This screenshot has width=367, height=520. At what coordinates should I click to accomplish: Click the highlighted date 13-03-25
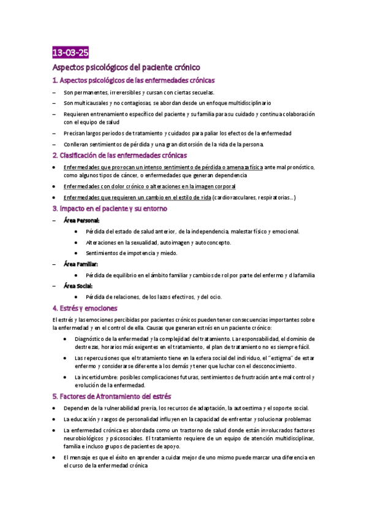(70, 52)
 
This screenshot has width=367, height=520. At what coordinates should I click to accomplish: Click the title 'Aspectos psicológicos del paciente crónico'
(126, 67)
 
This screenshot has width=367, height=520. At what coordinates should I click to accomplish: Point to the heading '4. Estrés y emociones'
(85, 308)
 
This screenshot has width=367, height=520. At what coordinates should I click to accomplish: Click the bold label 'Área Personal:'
(81, 220)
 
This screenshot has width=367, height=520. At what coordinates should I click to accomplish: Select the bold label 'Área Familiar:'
(81, 264)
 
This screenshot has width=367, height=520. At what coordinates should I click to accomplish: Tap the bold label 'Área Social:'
(78, 286)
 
